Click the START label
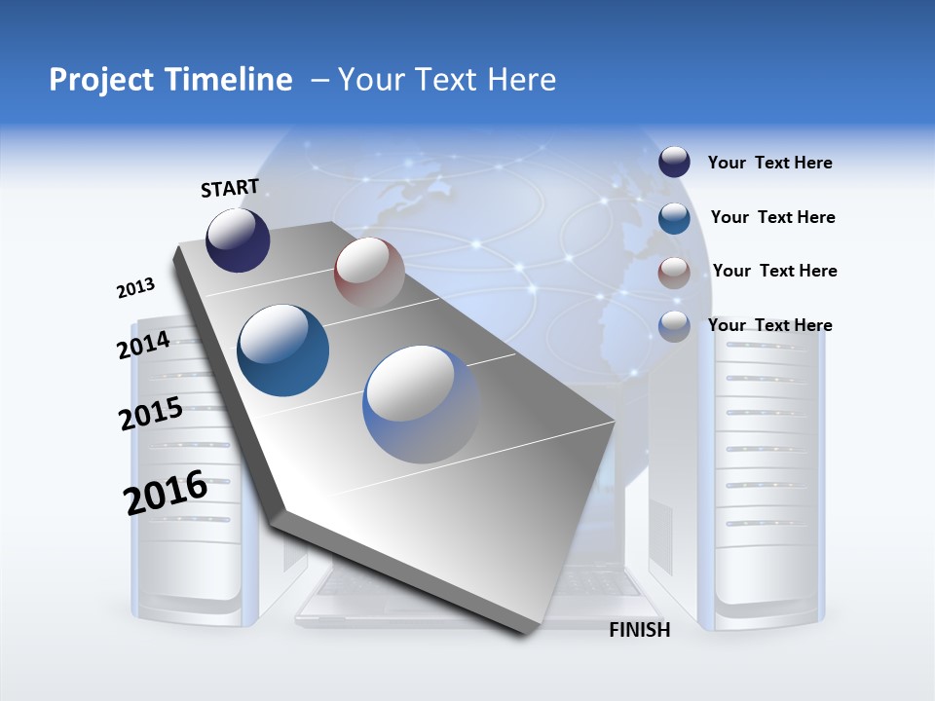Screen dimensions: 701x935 (x=230, y=188)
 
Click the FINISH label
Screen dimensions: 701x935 (x=640, y=630)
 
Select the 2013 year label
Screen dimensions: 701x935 (x=135, y=288)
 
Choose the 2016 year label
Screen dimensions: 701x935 (x=166, y=492)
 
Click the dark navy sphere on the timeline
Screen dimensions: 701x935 (x=238, y=240)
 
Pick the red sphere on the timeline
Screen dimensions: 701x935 (x=369, y=272)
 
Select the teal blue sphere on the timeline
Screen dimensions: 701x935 (x=283, y=350)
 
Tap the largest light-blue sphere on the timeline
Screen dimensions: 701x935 (x=422, y=404)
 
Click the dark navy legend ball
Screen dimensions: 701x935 (x=674, y=162)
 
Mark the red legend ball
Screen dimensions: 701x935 (x=674, y=273)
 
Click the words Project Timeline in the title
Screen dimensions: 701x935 (x=170, y=80)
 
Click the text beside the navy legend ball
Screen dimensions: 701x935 (x=770, y=163)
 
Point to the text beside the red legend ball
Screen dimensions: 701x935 (x=775, y=271)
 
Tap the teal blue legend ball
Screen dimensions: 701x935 (x=674, y=218)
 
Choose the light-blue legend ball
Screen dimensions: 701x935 (x=674, y=326)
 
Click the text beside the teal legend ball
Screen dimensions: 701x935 (x=773, y=217)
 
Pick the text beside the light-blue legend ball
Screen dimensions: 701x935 (x=770, y=325)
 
